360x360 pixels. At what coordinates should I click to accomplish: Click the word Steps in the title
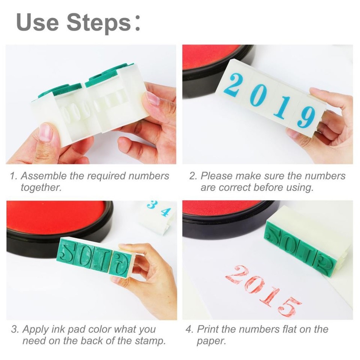(x=99, y=22)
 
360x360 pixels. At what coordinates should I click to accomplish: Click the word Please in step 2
(x=217, y=176)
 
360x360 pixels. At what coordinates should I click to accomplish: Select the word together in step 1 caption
(x=40, y=187)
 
